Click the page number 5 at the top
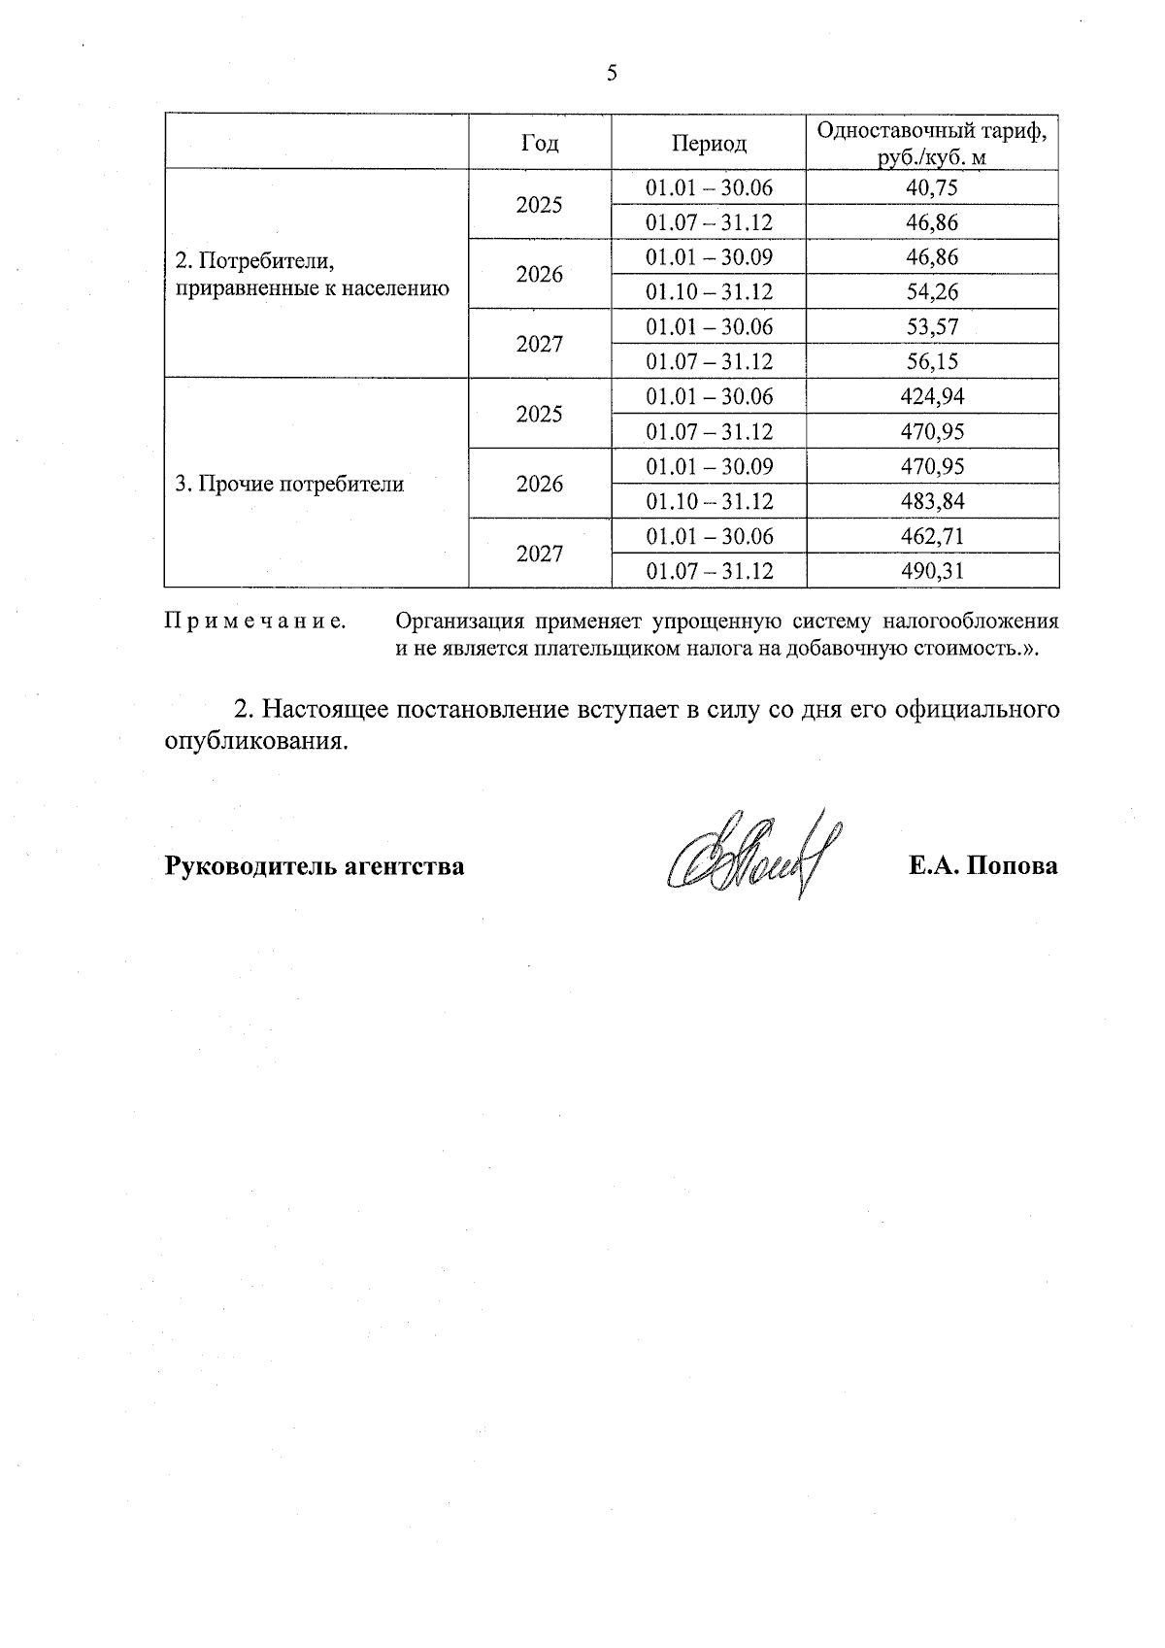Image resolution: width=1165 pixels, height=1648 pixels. tap(612, 74)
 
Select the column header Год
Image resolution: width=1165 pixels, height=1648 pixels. tap(540, 143)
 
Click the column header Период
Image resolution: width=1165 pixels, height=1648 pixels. tap(709, 144)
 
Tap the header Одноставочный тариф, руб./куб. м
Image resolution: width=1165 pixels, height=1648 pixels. tap(932, 143)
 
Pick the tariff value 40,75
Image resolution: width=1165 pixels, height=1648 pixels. tap(932, 187)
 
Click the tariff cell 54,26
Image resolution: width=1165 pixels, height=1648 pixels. tap(932, 291)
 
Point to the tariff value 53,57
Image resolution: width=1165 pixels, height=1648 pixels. tap(932, 326)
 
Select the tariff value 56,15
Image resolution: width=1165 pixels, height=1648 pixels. tap(932, 361)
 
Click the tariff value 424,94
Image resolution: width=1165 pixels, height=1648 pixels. tap(932, 396)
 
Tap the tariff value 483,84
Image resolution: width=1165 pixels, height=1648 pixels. tap(932, 501)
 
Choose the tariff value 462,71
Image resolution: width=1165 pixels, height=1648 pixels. tap(932, 536)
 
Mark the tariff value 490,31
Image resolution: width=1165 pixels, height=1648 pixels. tap(932, 571)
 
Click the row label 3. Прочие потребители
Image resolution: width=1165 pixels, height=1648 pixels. tap(289, 484)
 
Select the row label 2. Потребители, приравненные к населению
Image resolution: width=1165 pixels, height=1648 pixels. tap(312, 275)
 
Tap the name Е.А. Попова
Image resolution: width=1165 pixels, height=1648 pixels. tap(982, 866)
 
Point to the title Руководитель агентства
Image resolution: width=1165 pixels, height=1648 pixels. tap(315, 866)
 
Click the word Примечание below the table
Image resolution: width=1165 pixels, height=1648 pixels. tap(256, 622)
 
